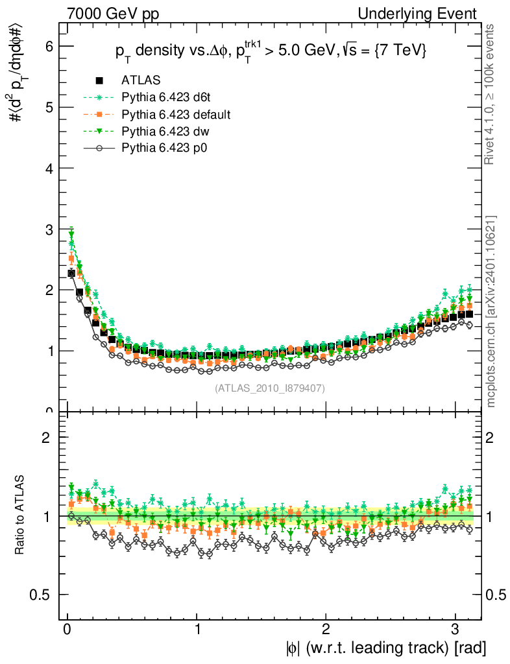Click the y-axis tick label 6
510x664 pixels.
[49, 46]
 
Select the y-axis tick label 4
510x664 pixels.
[49, 168]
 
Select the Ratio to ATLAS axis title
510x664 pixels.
[20, 516]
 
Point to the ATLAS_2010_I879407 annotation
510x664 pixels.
[270, 388]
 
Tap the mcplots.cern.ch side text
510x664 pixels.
[491, 311]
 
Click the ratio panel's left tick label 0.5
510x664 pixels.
[45, 595]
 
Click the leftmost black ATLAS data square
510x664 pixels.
[71, 274]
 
